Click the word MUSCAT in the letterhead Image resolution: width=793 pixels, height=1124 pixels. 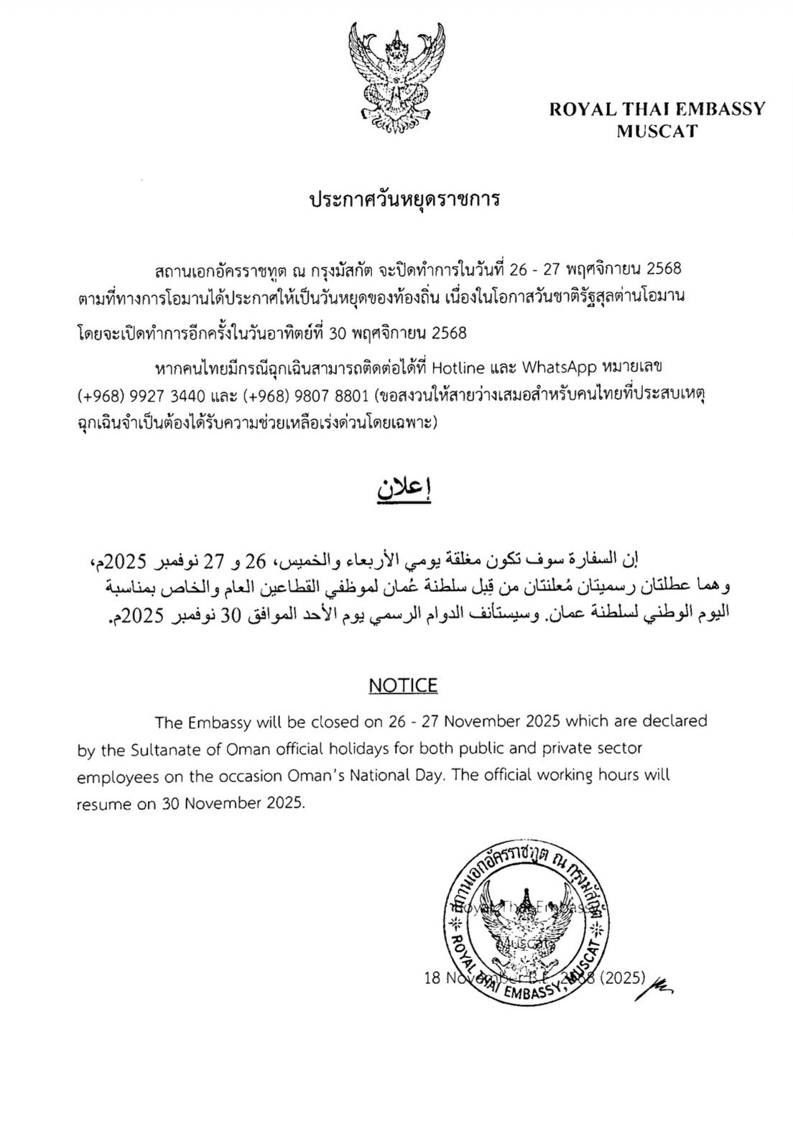pos(657,132)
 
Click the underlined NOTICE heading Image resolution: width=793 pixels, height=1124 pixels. pos(403,685)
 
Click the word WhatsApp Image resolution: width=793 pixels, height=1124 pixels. pos(560,368)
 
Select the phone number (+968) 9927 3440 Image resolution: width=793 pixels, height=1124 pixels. pos(141,395)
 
